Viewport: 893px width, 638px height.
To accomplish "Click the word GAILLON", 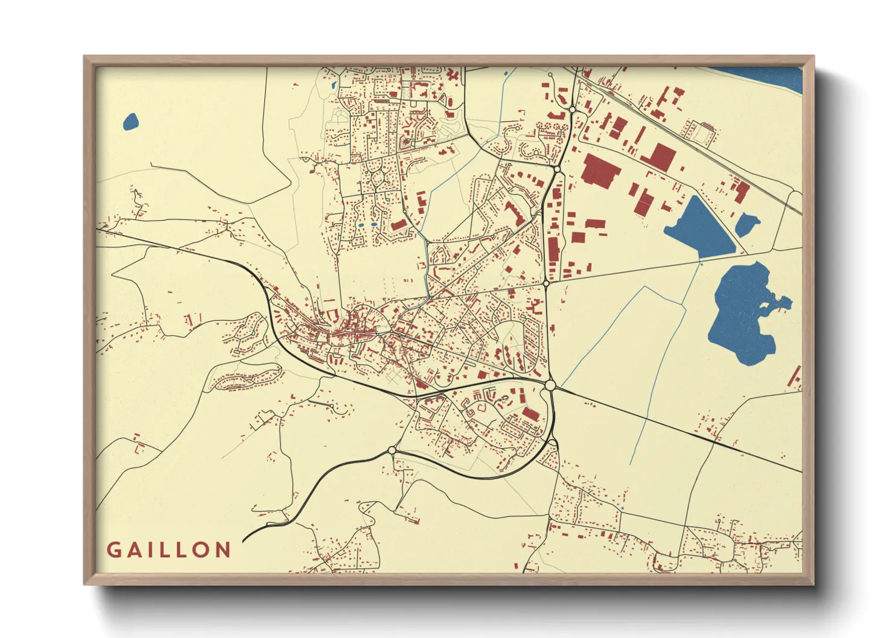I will [169, 549].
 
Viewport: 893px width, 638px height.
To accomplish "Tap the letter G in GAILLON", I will [113, 549].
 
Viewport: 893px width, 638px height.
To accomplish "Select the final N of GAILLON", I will [223, 549].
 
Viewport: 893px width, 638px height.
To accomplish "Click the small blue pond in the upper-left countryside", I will [131, 122].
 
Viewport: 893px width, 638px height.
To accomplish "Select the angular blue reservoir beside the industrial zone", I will [700, 226].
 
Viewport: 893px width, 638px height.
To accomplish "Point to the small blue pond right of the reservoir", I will [747, 224].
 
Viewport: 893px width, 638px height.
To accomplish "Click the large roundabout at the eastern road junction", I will [549, 385].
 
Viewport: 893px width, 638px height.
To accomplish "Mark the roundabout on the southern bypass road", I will [392, 450].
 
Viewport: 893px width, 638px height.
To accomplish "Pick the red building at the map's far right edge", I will [796, 377].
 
